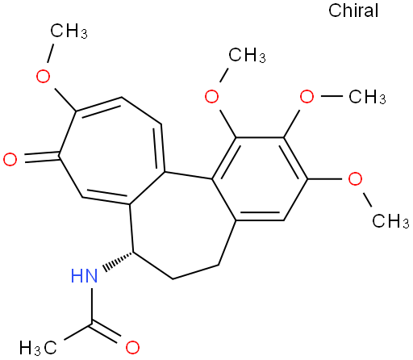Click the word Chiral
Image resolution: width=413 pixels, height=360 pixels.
pyautogui.click(x=353, y=10)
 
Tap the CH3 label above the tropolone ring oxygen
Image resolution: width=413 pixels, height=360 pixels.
pyautogui.click(x=69, y=31)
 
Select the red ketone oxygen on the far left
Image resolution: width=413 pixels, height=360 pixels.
pyautogui.click(x=10, y=159)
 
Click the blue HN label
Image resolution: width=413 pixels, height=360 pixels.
pyautogui.click(x=84, y=275)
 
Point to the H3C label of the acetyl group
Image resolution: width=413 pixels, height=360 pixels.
pyautogui.click(x=38, y=347)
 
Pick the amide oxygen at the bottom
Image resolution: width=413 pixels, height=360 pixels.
pyautogui.click(x=132, y=347)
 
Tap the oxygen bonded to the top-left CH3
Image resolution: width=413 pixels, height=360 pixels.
pyautogui.click(x=43, y=76)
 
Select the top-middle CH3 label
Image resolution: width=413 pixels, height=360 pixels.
pyautogui.click(x=247, y=56)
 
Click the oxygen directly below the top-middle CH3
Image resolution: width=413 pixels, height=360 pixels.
pyautogui.click(x=211, y=96)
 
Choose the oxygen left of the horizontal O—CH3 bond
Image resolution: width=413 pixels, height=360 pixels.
pyautogui.click(x=307, y=96)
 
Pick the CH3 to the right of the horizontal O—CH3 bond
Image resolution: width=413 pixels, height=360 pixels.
pyautogui.click(x=367, y=97)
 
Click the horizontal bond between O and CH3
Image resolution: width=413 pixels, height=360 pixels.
pyautogui.click(x=332, y=96)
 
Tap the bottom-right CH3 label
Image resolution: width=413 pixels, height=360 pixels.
pyautogui.click(x=390, y=220)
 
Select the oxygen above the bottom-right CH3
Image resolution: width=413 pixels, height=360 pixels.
pyautogui.click(x=355, y=178)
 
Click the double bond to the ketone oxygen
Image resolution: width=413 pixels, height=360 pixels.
pyautogui.click(x=42, y=157)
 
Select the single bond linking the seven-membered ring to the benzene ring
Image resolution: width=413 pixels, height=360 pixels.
pyautogui.click(x=189, y=175)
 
